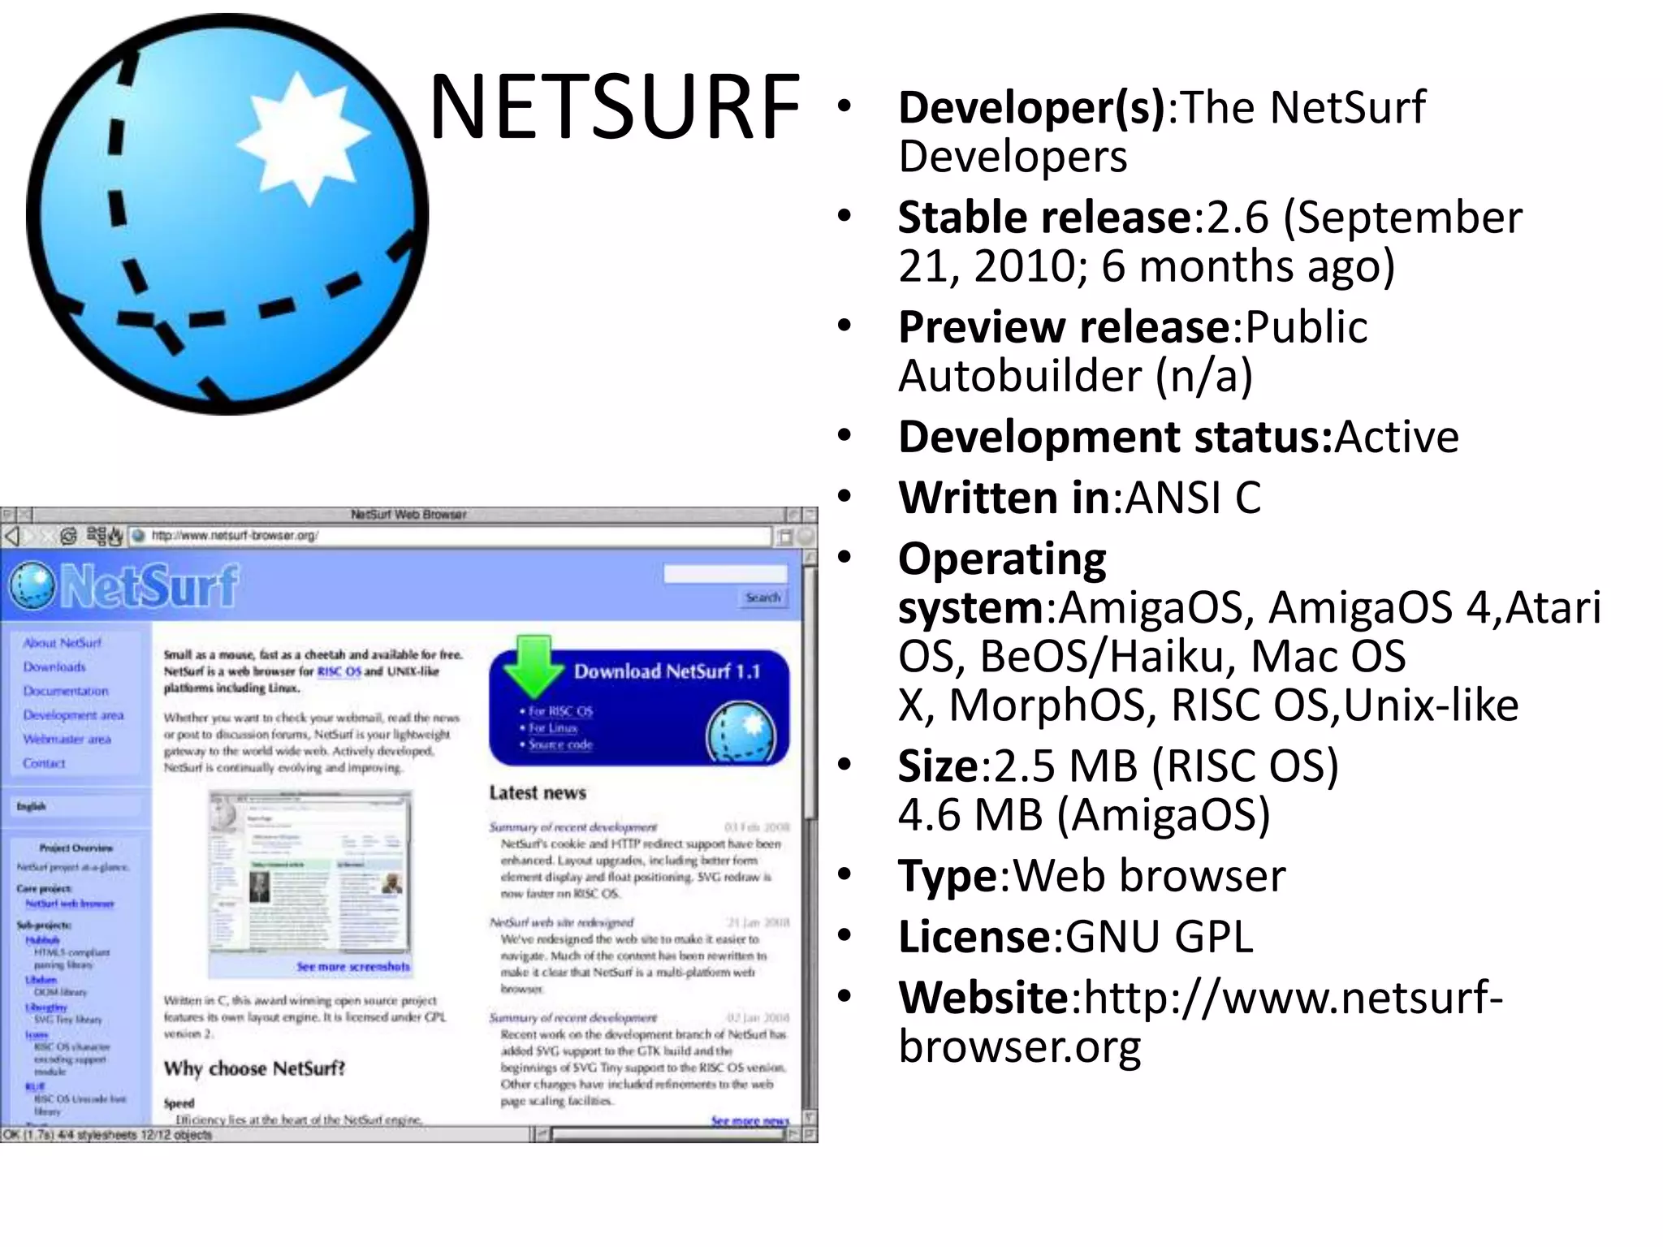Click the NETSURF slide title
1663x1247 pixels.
coord(615,107)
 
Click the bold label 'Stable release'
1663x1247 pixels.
coord(1044,218)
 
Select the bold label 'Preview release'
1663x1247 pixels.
coord(1064,327)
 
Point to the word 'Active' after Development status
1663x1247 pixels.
coord(1397,437)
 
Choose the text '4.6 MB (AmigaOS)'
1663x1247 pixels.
coord(1084,814)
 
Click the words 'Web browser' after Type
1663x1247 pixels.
coord(1149,876)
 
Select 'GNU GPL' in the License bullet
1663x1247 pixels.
coord(1159,937)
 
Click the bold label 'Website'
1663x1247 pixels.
coord(983,998)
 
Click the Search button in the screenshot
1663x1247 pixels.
coord(763,598)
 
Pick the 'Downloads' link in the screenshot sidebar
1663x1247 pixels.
coord(54,667)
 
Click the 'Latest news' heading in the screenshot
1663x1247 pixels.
coord(538,792)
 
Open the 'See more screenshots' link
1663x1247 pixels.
coord(353,966)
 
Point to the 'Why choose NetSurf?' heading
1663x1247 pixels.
coord(254,1068)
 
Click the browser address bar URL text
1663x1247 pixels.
coord(235,536)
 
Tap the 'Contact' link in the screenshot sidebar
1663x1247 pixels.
coord(45,763)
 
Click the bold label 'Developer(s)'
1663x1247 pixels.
coord(1031,107)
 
